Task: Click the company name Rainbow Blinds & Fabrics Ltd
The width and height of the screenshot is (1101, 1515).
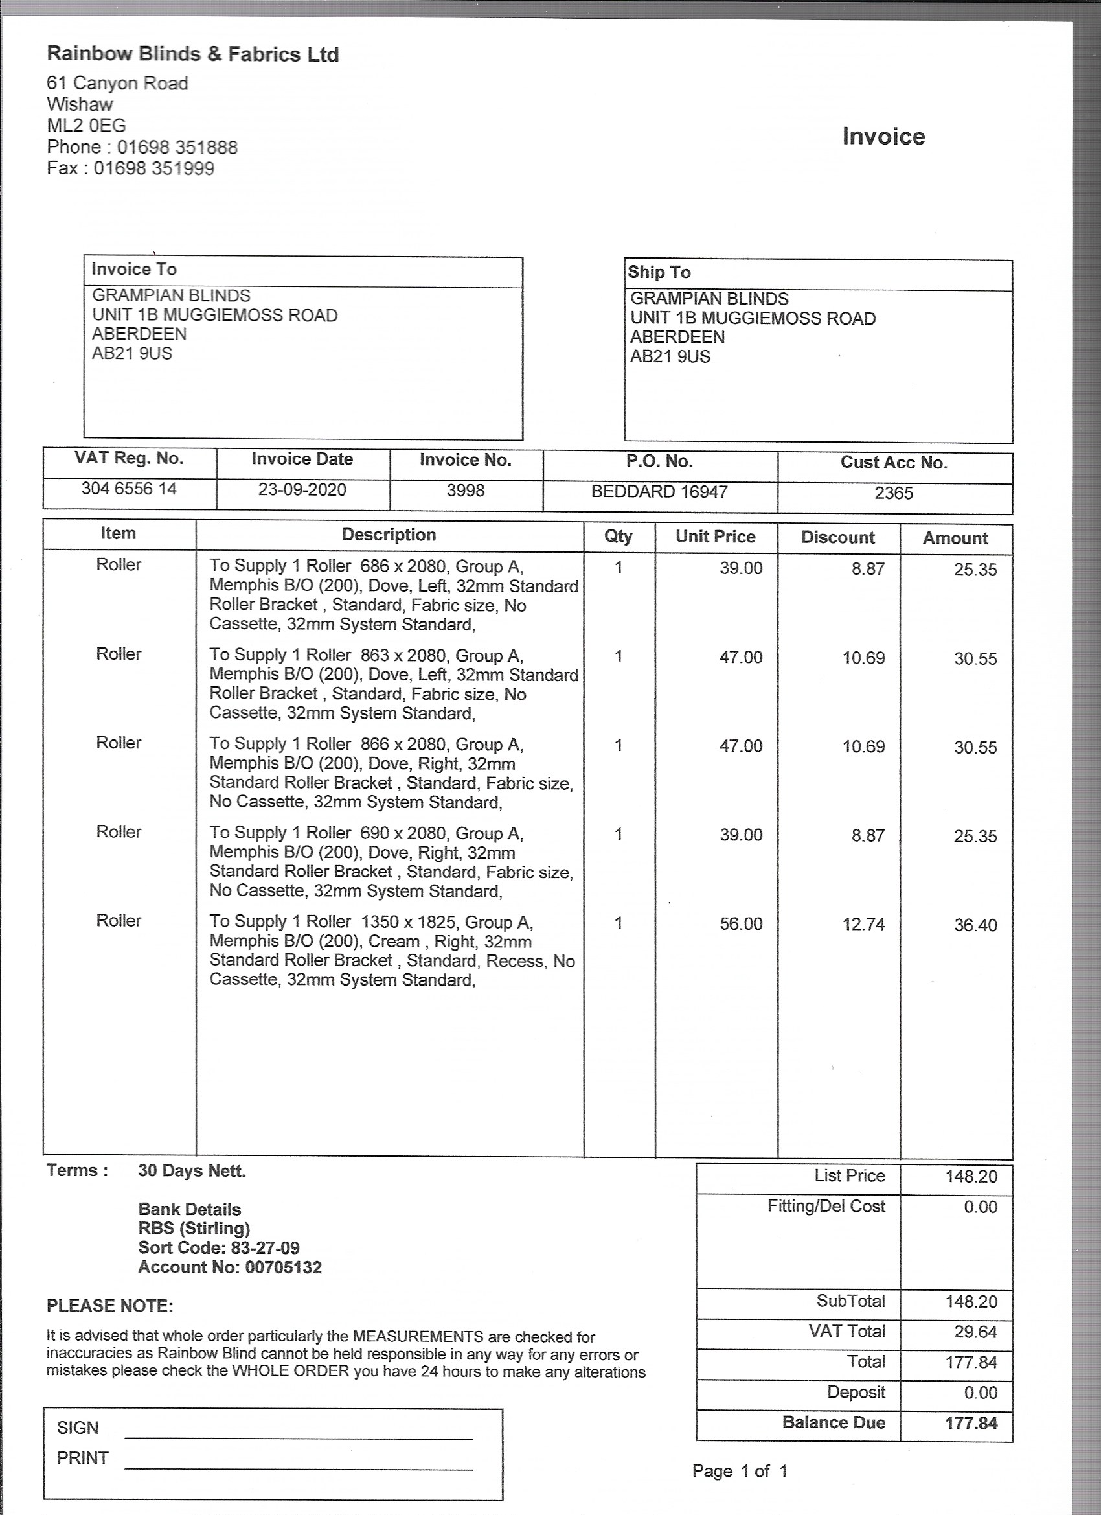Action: pyautogui.click(x=193, y=54)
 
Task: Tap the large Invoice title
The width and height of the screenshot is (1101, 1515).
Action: pyautogui.click(x=883, y=136)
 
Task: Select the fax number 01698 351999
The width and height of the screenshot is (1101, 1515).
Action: pyautogui.click(x=153, y=168)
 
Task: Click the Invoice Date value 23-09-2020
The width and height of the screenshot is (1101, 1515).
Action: pyautogui.click(x=302, y=490)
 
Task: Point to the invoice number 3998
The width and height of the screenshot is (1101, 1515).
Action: pyautogui.click(x=466, y=491)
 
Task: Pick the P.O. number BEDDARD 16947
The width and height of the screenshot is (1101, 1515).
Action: pyautogui.click(x=659, y=492)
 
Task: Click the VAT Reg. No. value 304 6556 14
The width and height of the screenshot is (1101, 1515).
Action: pyautogui.click(x=129, y=489)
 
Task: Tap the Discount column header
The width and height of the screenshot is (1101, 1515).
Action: pyautogui.click(x=838, y=537)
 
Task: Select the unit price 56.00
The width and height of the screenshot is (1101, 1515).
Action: pyautogui.click(x=740, y=924)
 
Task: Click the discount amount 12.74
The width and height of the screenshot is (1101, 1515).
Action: pyautogui.click(x=863, y=925)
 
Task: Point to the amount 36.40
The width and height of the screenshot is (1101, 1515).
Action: pyautogui.click(x=975, y=925)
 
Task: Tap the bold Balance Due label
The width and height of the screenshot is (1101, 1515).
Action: pyautogui.click(x=834, y=1422)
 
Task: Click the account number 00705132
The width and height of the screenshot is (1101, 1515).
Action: pyautogui.click(x=283, y=1267)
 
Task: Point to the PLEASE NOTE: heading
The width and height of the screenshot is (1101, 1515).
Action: pyautogui.click(x=109, y=1305)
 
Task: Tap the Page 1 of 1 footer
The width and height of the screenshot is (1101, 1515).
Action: pyautogui.click(x=739, y=1470)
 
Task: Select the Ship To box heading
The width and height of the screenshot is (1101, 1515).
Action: pyautogui.click(x=659, y=272)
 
